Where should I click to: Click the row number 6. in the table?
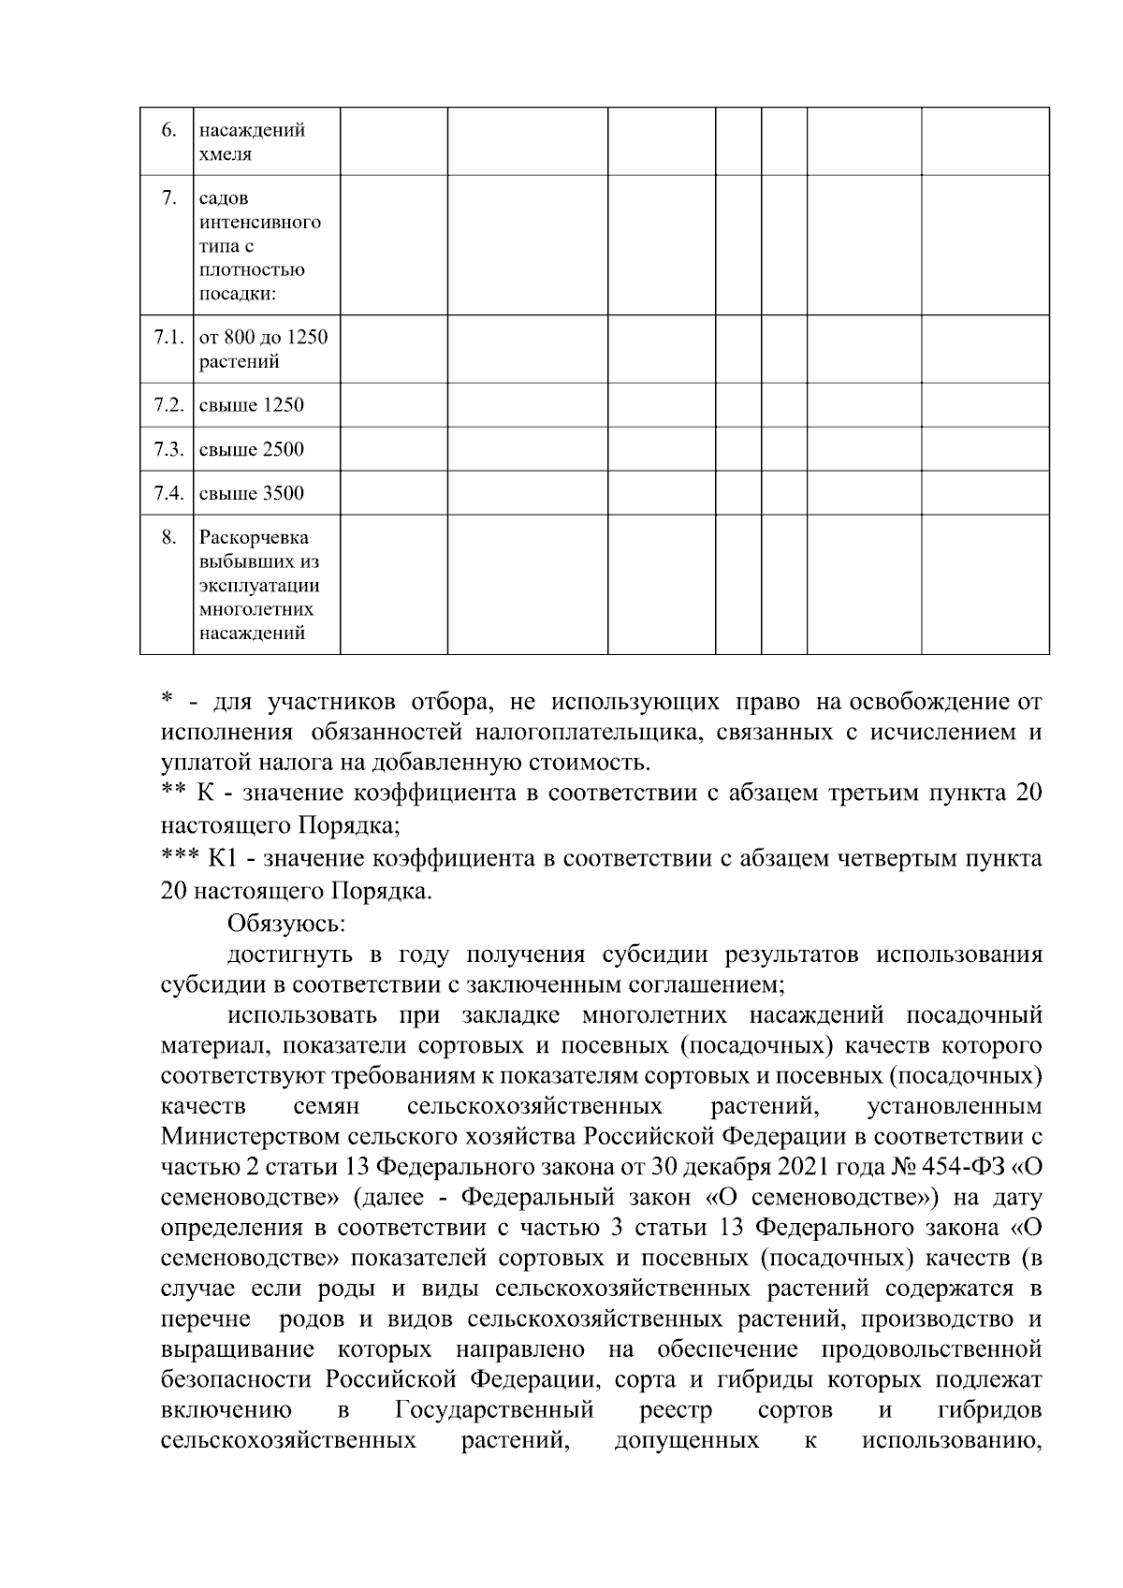pyautogui.click(x=168, y=130)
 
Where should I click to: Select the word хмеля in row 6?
pyautogui.click(x=226, y=154)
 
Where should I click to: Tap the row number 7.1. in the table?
pyautogui.click(x=168, y=338)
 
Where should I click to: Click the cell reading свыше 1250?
pyautogui.click(x=251, y=405)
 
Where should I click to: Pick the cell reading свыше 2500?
pyautogui.click(x=251, y=449)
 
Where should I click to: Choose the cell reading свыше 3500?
pyautogui.click(x=251, y=493)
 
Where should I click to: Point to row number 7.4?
pyautogui.click(x=168, y=493)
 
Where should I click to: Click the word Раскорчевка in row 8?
pyautogui.click(x=254, y=538)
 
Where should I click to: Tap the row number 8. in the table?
pyautogui.click(x=168, y=537)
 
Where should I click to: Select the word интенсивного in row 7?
pyautogui.click(x=259, y=223)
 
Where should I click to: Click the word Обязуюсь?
pyautogui.click(x=286, y=924)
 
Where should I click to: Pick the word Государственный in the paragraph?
pyautogui.click(x=496, y=1410)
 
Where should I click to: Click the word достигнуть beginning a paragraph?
pyautogui.click(x=289, y=955)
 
